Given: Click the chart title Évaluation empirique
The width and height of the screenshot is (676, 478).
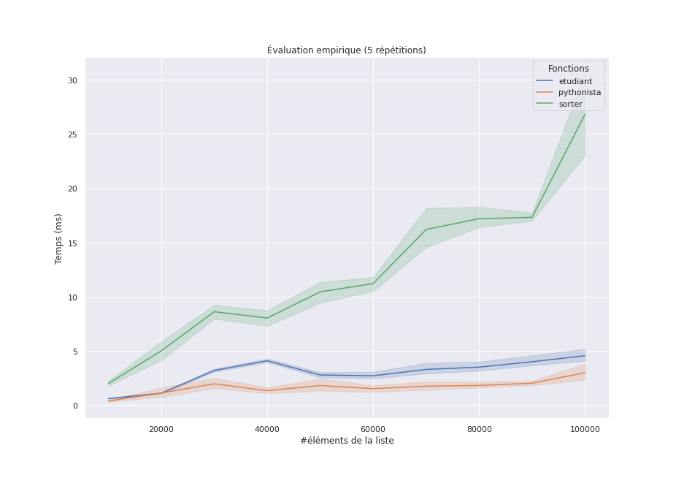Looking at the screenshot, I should click(346, 50).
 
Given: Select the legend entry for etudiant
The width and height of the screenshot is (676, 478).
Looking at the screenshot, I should click(575, 81).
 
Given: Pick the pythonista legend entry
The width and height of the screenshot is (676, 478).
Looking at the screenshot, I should click(580, 93).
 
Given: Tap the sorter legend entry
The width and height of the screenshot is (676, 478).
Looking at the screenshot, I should click(570, 104).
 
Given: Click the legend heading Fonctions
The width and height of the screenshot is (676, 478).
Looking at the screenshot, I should click(568, 69).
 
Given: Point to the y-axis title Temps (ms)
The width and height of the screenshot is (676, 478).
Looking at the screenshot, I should click(59, 238).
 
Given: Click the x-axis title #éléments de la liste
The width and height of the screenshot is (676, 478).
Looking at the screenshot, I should click(347, 441).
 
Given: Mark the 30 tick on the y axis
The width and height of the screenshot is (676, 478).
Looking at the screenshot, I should click(72, 80).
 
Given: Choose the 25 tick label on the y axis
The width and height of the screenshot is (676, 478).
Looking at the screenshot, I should click(72, 134).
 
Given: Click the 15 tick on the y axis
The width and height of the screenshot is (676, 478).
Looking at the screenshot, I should click(72, 243).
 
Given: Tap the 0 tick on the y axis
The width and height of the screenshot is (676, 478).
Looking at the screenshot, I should click(74, 406).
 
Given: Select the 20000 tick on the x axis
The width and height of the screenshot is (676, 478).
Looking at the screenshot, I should click(161, 429).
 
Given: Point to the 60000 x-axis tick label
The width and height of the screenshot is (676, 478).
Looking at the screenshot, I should click(373, 429).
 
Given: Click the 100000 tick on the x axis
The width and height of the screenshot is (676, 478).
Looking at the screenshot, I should click(585, 429).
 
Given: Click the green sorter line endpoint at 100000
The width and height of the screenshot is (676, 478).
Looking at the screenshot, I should click(585, 114).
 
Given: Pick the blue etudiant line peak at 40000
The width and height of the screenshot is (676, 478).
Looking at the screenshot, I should click(267, 360).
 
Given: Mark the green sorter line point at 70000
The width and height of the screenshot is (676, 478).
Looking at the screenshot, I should click(426, 229).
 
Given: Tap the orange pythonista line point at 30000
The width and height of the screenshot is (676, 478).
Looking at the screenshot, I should click(214, 384).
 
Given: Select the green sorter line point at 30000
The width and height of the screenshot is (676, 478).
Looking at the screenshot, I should click(214, 312).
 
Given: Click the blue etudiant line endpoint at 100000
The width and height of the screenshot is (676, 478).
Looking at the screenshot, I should click(585, 356).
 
